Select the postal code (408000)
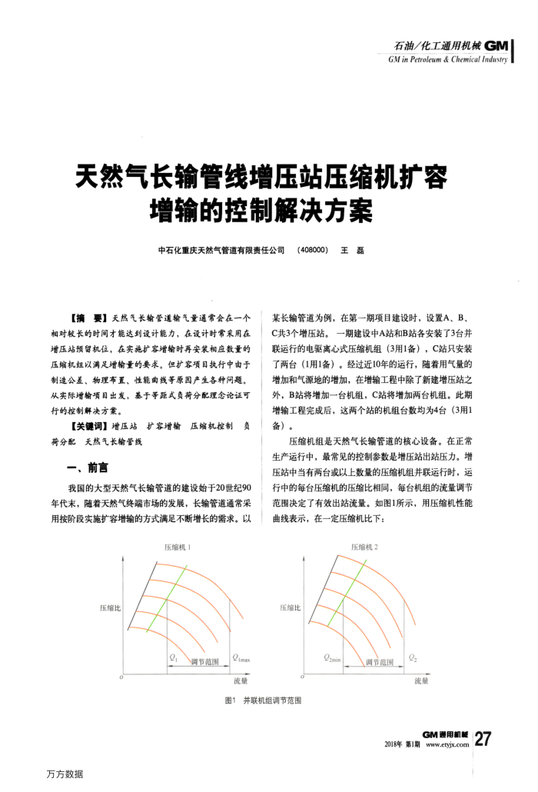pos(312,250)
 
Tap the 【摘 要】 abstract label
pos(88,317)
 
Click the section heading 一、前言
pos(88,468)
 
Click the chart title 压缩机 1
pos(178,547)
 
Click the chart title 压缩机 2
pos(366,547)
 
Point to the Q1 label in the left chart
pos(173,658)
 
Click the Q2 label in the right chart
pos(413,658)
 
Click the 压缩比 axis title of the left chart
pos(110,608)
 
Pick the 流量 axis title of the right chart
pos(420,681)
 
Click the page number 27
pos(483,739)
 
